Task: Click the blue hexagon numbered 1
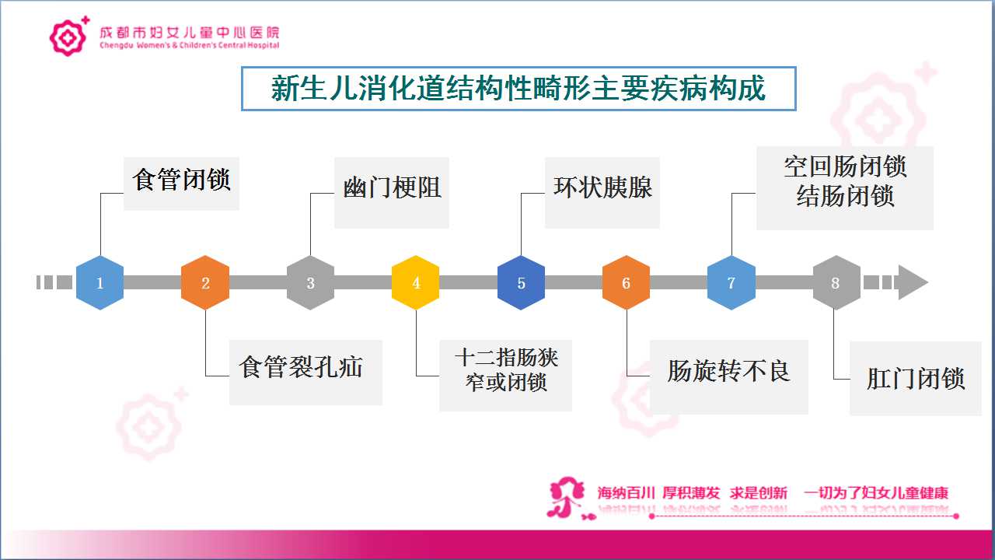[100, 282]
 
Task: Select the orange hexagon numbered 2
[205, 282]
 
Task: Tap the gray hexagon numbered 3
[310, 282]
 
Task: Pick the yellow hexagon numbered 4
[416, 282]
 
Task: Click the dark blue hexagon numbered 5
[521, 282]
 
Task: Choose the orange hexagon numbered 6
[627, 282]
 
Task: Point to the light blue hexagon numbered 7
[731, 282]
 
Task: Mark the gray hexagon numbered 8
[836, 282]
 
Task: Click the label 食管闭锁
[181, 180]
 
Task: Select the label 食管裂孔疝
[301, 368]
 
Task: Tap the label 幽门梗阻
[393, 187]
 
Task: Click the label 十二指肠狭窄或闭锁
[506, 369]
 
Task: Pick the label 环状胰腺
[602, 187]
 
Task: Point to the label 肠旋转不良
[729, 371]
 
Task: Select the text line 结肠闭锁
[845, 196]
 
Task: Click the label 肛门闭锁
[916, 379]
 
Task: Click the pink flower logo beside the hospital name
[69, 37]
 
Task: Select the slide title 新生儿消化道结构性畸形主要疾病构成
[518, 89]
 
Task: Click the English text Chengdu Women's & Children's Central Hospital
[190, 45]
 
